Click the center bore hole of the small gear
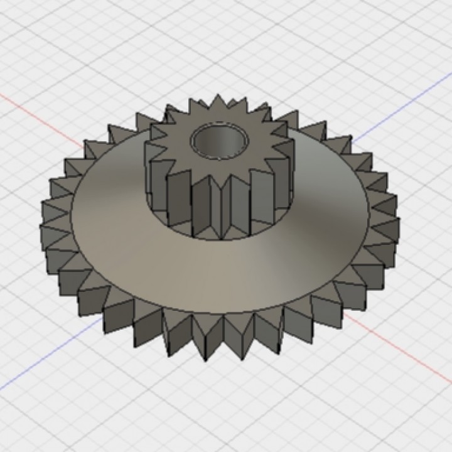click(220, 143)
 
